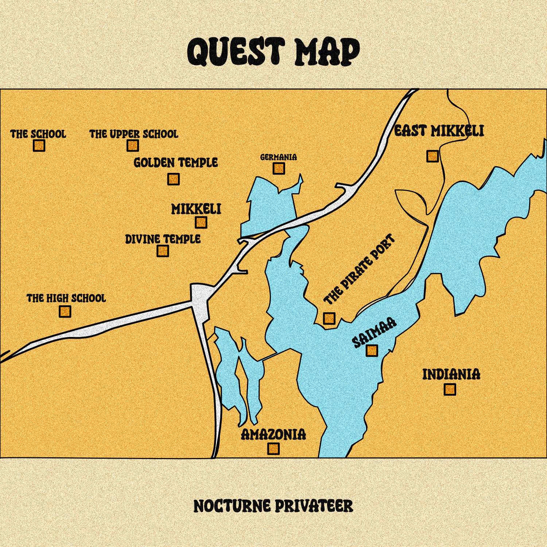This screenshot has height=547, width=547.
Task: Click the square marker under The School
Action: pyautogui.click(x=39, y=146)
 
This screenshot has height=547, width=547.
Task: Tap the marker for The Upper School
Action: pyautogui.click(x=133, y=146)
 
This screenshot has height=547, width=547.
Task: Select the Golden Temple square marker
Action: pyautogui.click(x=173, y=179)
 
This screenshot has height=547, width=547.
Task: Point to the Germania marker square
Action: pyautogui.click(x=279, y=168)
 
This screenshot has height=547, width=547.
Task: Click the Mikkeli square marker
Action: pyautogui.click(x=201, y=222)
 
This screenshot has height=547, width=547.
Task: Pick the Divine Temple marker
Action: pyautogui.click(x=163, y=251)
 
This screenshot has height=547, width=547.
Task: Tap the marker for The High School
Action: pyautogui.click(x=65, y=311)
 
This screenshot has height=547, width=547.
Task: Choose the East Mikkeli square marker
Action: pyautogui.click(x=432, y=156)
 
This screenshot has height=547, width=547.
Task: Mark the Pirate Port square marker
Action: pyautogui.click(x=329, y=318)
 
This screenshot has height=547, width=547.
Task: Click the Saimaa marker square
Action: pyautogui.click(x=372, y=351)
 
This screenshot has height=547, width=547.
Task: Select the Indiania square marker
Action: pyautogui.click(x=450, y=389)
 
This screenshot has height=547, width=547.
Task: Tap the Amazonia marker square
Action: pyautogui.click(x=273, y=449)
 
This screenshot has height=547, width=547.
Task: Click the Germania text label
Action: pyautogui.click(x=279, y=157)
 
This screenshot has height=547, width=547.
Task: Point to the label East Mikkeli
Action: pyautogui.click(x=439, y=131)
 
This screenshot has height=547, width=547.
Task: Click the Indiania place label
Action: pyautogui.click(x=451, y=375)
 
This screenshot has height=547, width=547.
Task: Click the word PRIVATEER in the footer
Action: pyautogui.click(x=314, y=506)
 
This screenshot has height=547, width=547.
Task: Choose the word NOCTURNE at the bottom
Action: pyautogui.click(x=232, y=506)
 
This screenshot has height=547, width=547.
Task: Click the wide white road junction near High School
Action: pyautogui.click(x=200, y=295)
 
